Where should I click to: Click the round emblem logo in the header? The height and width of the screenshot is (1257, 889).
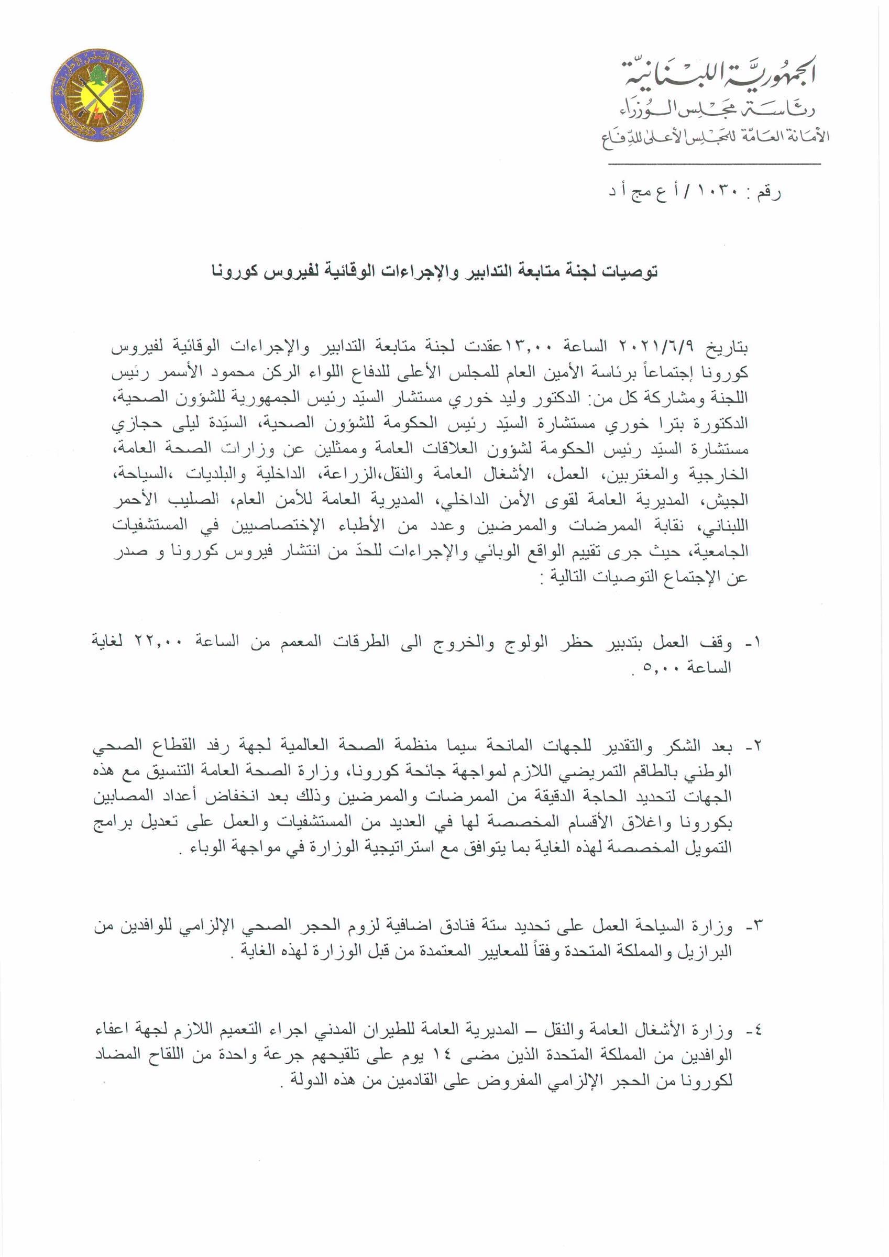click(96, 95)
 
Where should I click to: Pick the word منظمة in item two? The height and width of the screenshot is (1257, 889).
click(405, 746)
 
